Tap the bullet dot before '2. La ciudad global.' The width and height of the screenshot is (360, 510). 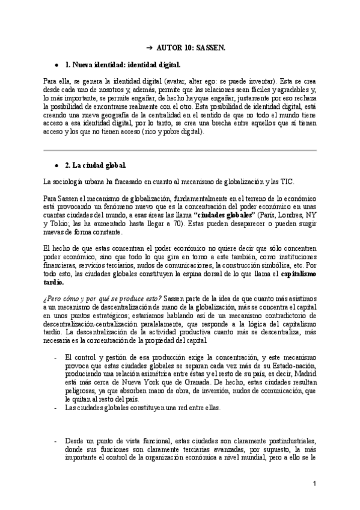(56, 164)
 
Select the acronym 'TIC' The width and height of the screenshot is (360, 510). (288, 182)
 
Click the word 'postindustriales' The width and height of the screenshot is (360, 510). (288, 441)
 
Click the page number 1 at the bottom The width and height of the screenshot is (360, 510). (314, 484)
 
